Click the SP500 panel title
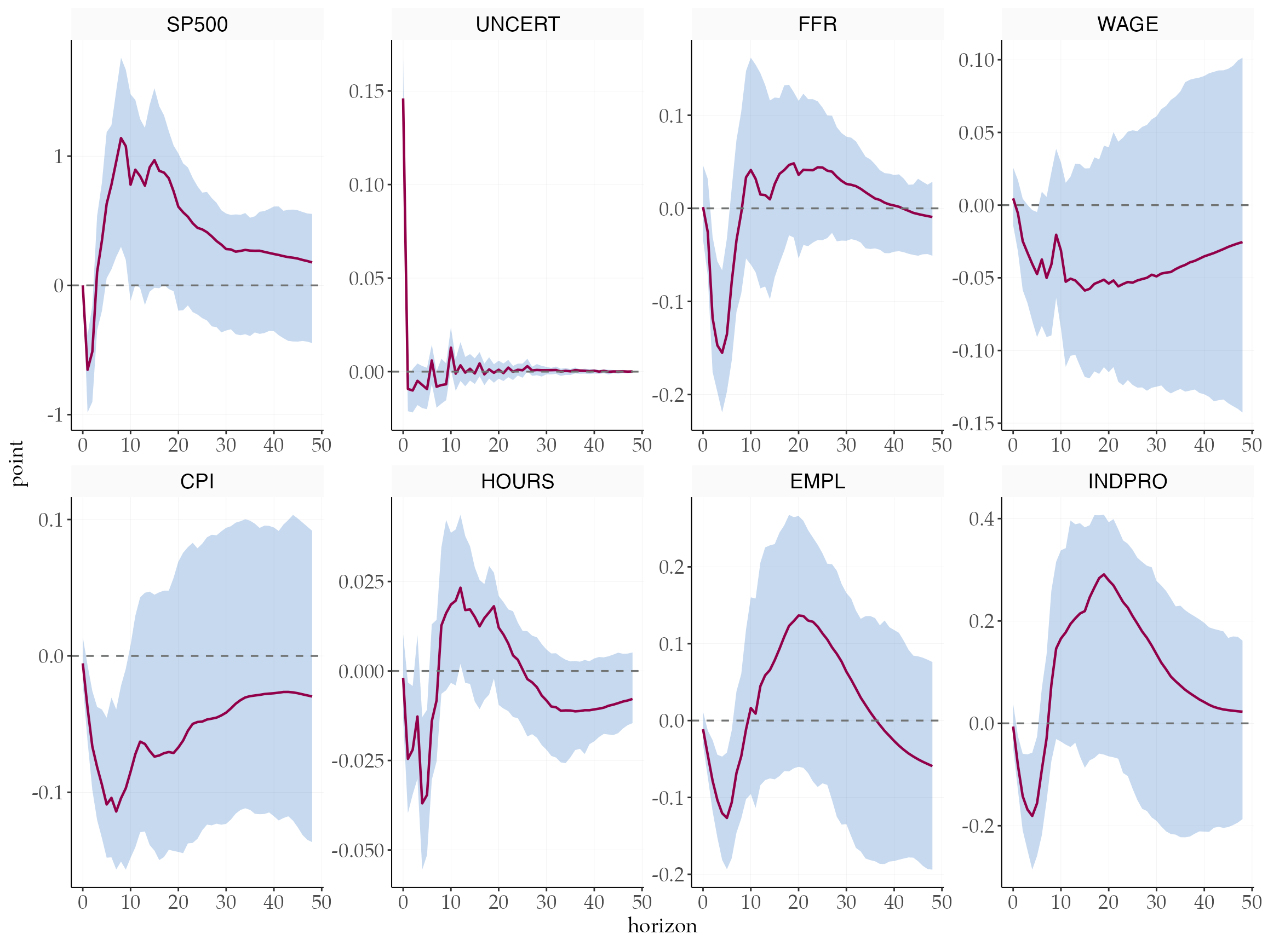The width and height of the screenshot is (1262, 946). [197, 25]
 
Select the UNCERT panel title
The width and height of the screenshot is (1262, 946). [518, 25]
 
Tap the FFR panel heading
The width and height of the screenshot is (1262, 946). [817, 25]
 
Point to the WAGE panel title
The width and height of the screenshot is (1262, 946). [1127, 25]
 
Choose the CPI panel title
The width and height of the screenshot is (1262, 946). [197, 482]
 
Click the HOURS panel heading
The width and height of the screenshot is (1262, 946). [518, 482]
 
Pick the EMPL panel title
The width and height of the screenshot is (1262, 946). [817, 482]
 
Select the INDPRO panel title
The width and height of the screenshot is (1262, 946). [1127, 482]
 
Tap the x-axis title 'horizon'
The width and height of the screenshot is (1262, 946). [662, 926]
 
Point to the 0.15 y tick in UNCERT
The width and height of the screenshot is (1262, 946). [366, 91]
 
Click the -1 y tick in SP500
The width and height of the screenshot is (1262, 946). [55, 415]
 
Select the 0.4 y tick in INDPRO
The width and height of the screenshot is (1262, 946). [982, 519]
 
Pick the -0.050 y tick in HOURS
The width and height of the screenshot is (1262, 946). [358, 851]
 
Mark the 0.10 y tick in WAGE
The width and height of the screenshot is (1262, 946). [976, 60]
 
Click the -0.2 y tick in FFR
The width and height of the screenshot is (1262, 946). [668, 395]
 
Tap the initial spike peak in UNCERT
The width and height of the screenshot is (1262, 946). [403, 99]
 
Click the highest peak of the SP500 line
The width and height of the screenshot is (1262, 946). [121, 138]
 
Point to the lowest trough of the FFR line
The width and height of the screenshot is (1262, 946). [722, 353]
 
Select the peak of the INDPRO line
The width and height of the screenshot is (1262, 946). [1104, 575]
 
